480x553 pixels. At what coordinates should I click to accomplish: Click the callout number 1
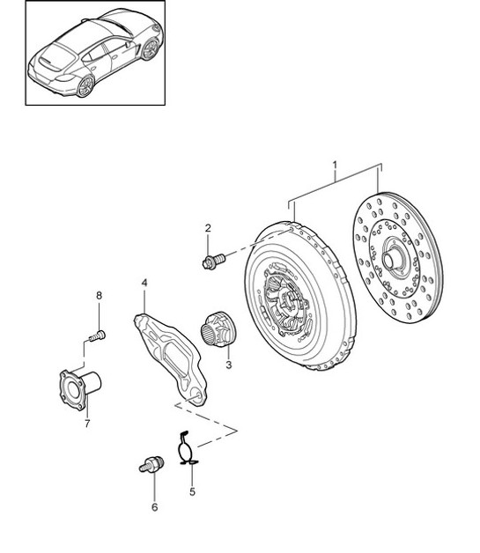point(336,165)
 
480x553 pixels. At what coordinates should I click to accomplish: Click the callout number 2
point(208,229)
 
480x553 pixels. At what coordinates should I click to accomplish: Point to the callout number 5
point(191,493)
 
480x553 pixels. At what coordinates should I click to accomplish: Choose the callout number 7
point(87,424)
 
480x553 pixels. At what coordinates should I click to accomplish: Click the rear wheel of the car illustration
point(85,85)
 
